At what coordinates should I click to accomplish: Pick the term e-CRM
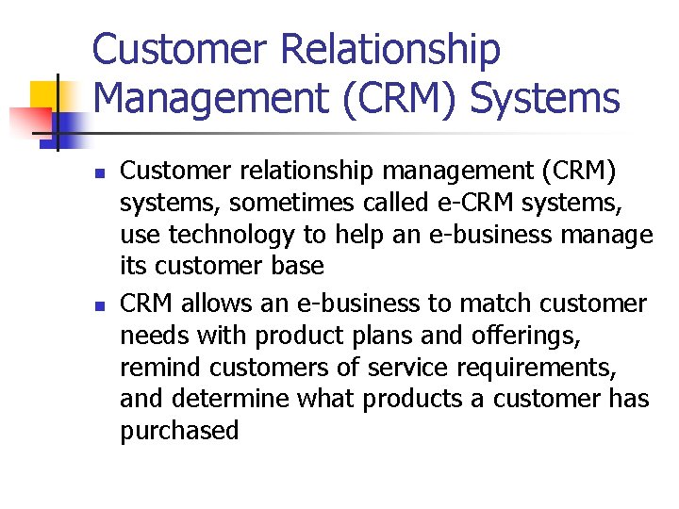pos(480,203)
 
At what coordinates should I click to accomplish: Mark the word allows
pos(214,304)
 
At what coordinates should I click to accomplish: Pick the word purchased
pos(179,432)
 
